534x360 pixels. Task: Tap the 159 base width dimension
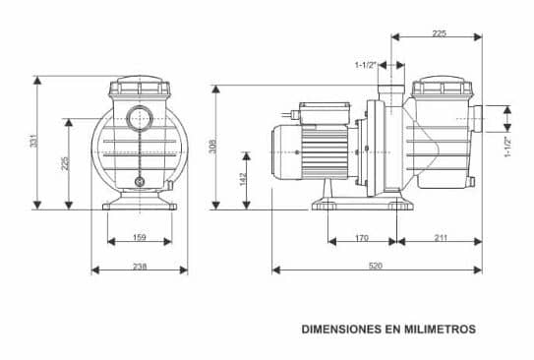pyautogui.click(x=139, y=237)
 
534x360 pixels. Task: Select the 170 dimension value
pyautogui.click(x=361, y=237)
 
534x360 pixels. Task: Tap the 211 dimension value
pyautogui.click(x=440, y=237)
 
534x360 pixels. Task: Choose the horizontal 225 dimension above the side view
pyautogui.click(x=438, y=33)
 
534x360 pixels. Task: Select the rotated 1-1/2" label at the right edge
pyautogui.click(x=508, y=147)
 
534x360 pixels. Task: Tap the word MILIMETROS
pyautogui.click(x=441, y=330)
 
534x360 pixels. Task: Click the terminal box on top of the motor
pyautogui.click(x=316, y=111)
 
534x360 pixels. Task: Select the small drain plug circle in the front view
pyautogui.click(x=140, y=181)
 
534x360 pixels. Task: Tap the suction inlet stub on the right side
pyautogui.click(x=476, y=118)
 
